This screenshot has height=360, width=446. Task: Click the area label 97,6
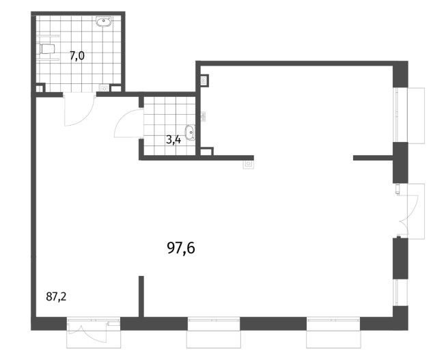coord(181,248)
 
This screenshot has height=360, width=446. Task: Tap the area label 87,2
coord(56,297)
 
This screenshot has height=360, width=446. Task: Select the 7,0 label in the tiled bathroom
coord(77,56)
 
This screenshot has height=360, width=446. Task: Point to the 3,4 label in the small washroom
coord(173,140)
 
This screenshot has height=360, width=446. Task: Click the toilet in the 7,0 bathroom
coord(46,49)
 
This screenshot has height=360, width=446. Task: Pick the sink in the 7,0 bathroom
coord(104,21)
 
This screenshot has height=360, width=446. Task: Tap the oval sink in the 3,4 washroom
coord(190,133)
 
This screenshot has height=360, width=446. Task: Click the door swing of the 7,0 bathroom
coord(80,111)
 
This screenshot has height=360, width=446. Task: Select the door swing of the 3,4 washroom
coord(128,123)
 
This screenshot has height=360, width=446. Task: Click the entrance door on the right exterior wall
coord(407,210)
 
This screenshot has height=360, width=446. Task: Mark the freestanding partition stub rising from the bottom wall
coord(141,296)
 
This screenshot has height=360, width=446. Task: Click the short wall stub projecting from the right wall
coord(373,158)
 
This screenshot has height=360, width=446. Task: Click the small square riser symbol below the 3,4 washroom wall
coord(249,165)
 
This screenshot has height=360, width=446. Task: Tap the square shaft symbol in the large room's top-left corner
coord(204,80)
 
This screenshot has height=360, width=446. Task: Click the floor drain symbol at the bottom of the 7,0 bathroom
coord(104,89)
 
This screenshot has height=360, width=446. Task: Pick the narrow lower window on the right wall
coord(396,292)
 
